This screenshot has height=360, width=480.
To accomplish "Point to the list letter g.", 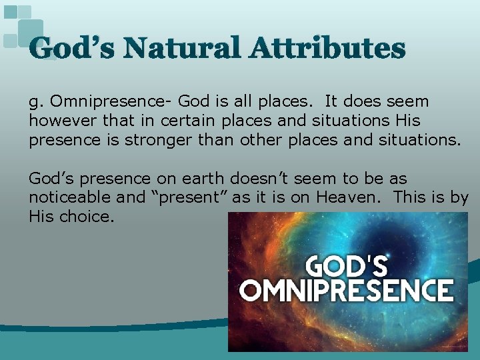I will (x=35, y=102).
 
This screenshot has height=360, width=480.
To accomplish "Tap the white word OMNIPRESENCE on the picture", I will (x=347, y=290).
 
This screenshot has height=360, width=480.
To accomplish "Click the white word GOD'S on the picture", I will (x=346, y=265).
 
